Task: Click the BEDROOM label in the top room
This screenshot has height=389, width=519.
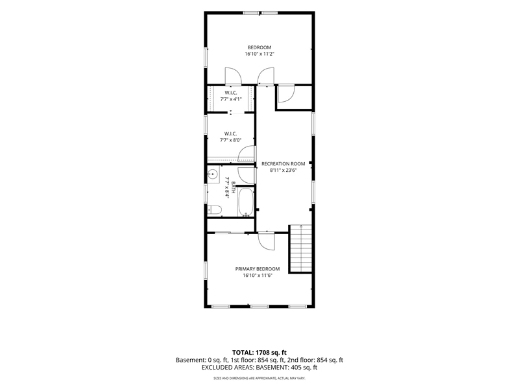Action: (259, 47)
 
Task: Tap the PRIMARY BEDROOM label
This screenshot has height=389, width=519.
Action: (258, 269)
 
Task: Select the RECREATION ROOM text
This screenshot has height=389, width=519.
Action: (284, 164)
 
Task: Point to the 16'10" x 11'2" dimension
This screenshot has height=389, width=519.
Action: (259, 54)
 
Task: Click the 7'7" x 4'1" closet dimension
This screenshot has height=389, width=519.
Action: (231, 99)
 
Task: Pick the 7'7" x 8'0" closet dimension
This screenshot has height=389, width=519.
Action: (231, 140)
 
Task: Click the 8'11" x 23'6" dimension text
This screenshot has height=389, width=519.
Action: (283, 171)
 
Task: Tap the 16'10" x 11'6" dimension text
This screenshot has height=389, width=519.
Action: (257, 276)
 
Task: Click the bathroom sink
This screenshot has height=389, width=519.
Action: (213, 173)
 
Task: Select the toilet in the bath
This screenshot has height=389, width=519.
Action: (215, 209)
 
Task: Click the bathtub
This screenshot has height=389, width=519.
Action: (246, 202)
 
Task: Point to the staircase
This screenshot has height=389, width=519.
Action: (301, 248)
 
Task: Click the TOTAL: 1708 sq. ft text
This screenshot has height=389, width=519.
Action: (259, 352)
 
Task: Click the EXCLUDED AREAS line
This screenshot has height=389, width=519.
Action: (259, 367)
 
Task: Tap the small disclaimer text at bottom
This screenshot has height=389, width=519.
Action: (259, 378)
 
